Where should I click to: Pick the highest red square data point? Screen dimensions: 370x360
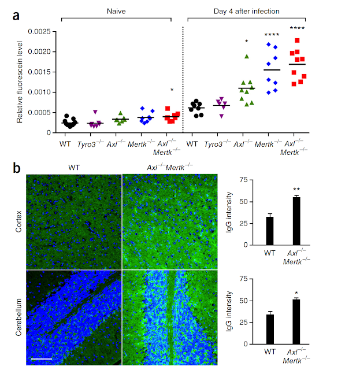pyautogui.click(x=297, y=40)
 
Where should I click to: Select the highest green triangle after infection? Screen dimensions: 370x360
pyautogui.click(x=247, y=56)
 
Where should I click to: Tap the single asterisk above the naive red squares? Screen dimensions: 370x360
pyautogui.click(x=172, y=90)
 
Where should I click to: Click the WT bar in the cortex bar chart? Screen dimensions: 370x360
pyautogui.click(x=269, y=230)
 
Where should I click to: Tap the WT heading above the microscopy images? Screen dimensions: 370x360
pyautogui.click(x=73, y=169)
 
